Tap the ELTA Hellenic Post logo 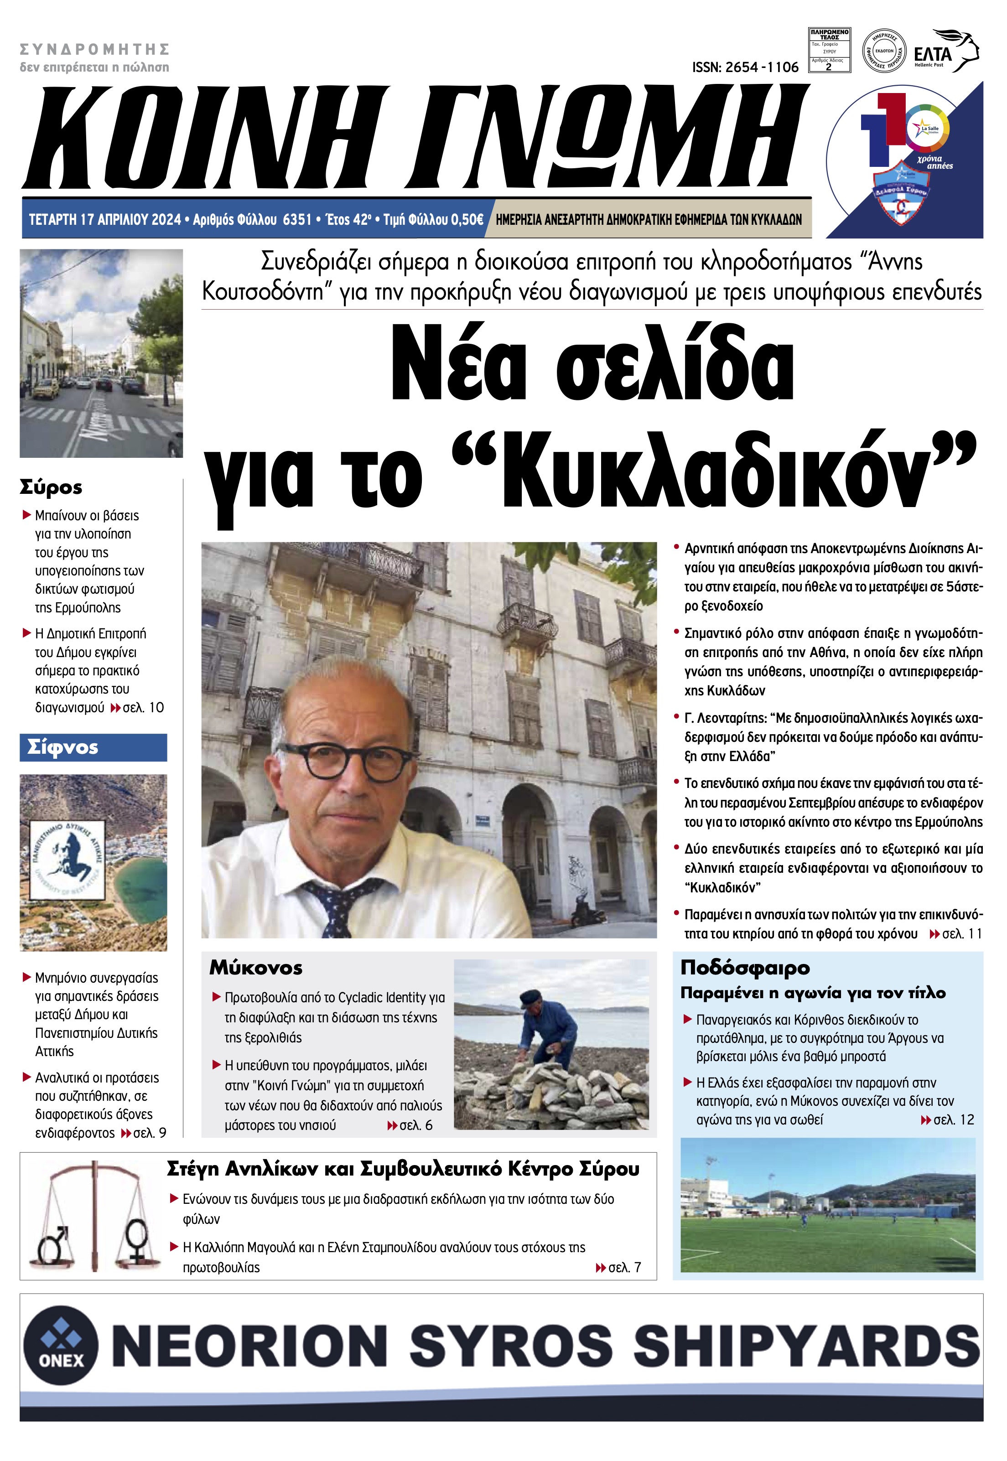pos(946,52)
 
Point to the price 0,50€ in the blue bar pos(467,219)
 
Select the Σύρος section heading pos(51,487)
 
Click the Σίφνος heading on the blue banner pos(62,747)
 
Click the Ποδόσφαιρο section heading pos(744,967)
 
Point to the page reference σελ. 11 pos(962,934)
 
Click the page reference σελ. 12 pos(953,1120)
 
